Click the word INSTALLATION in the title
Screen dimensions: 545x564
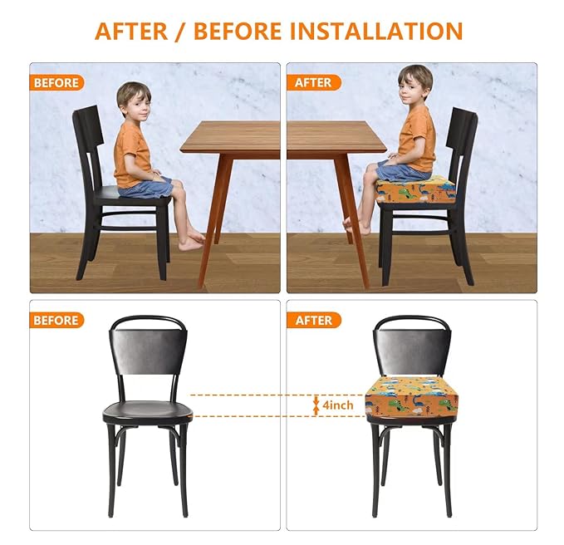click(x=375, y=31)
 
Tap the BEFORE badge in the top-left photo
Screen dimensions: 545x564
click(x=57, y=83)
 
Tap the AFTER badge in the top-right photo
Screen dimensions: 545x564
click(x=313, y=83)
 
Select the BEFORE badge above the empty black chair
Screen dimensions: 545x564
click(x=57, y=320)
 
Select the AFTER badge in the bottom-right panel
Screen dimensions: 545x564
click(x=313, y=320)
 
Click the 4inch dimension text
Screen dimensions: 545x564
click(x=338, y=405)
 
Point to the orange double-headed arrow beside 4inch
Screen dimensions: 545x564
click(x=316, y=405)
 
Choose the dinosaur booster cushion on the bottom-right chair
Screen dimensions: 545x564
click(x=413, y=400)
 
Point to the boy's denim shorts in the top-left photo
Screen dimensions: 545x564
click(x=147, y=186)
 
